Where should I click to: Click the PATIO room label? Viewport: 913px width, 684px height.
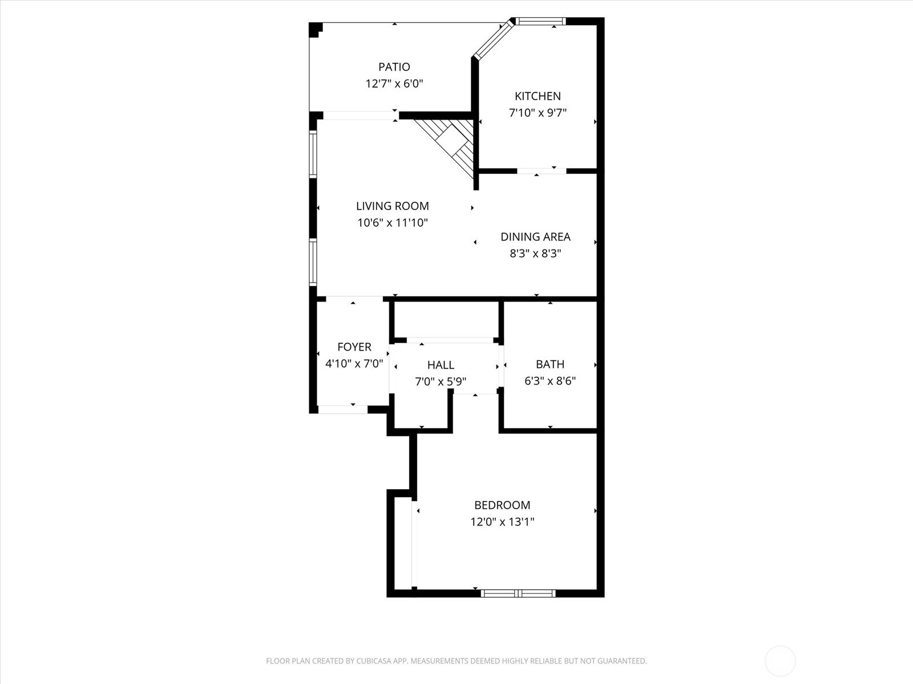pos(394,67)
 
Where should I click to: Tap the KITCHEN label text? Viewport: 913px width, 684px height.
pos(538,96)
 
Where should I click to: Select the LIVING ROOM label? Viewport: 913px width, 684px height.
pos(393,206)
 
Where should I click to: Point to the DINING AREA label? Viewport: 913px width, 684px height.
pos(535,237)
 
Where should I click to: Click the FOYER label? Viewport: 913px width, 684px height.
pos(354,347)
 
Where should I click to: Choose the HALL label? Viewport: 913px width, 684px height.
pos(441,365)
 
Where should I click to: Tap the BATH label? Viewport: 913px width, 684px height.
pos(550,364)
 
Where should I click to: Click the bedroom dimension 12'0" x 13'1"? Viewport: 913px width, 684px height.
pos(502,522)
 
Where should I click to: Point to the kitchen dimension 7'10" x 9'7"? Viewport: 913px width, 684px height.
pos(538,113)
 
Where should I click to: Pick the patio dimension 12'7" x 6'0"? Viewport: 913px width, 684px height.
pos(394,84)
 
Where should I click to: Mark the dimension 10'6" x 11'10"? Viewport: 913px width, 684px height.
pos(393,223)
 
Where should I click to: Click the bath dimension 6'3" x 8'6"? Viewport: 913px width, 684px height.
pos(550,381)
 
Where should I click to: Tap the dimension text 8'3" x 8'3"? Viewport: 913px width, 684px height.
pos(535,254)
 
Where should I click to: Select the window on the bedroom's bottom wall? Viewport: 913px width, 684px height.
pos(518,593)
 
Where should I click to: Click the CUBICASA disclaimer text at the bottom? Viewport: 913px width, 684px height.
pos(456,661)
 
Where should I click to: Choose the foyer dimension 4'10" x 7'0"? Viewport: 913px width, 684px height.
pos(354,364)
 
